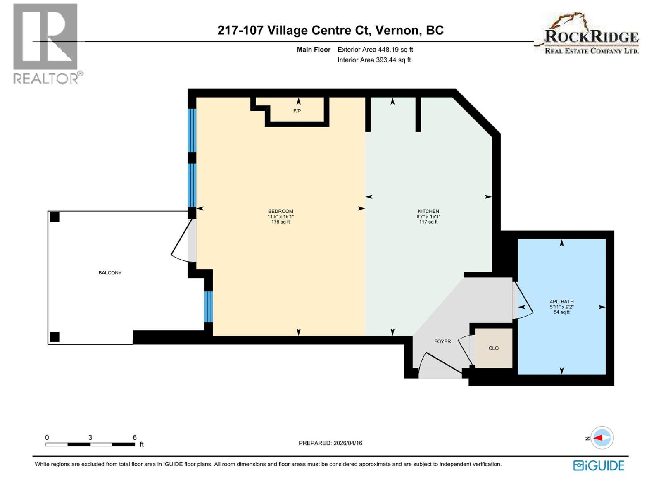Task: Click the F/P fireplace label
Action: pos(297,111)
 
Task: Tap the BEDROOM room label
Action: pos(281,211)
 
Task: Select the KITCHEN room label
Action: pos(428,211)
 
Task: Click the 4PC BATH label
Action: pos(561,302)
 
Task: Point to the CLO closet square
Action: pos(494,348)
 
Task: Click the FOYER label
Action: pos(442,341)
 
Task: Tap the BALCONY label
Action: pos(110,273)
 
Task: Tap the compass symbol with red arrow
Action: pos(602,438)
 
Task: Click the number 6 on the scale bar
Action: pos(135,437)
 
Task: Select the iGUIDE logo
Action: pos(599,465)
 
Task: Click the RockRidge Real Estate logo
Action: pos(587,35)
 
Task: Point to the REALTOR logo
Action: pos(46,43)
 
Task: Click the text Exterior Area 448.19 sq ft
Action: pos(375,50)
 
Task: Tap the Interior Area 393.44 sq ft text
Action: pos(374,60)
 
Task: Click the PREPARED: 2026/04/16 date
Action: pos(330,443)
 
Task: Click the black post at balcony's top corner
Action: pos(55,217)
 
